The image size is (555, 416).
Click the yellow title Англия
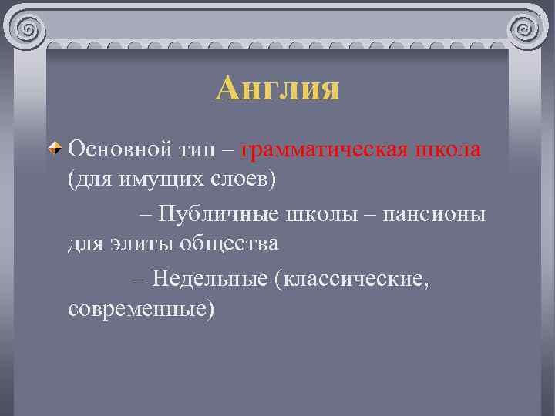coord(277,89)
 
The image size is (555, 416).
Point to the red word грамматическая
coord(323,149)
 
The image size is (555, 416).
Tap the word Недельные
coord(210,277)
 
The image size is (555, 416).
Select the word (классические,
coord(351,277)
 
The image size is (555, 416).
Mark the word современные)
coord(142,309)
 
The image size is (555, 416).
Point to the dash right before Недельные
coord(139,277)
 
